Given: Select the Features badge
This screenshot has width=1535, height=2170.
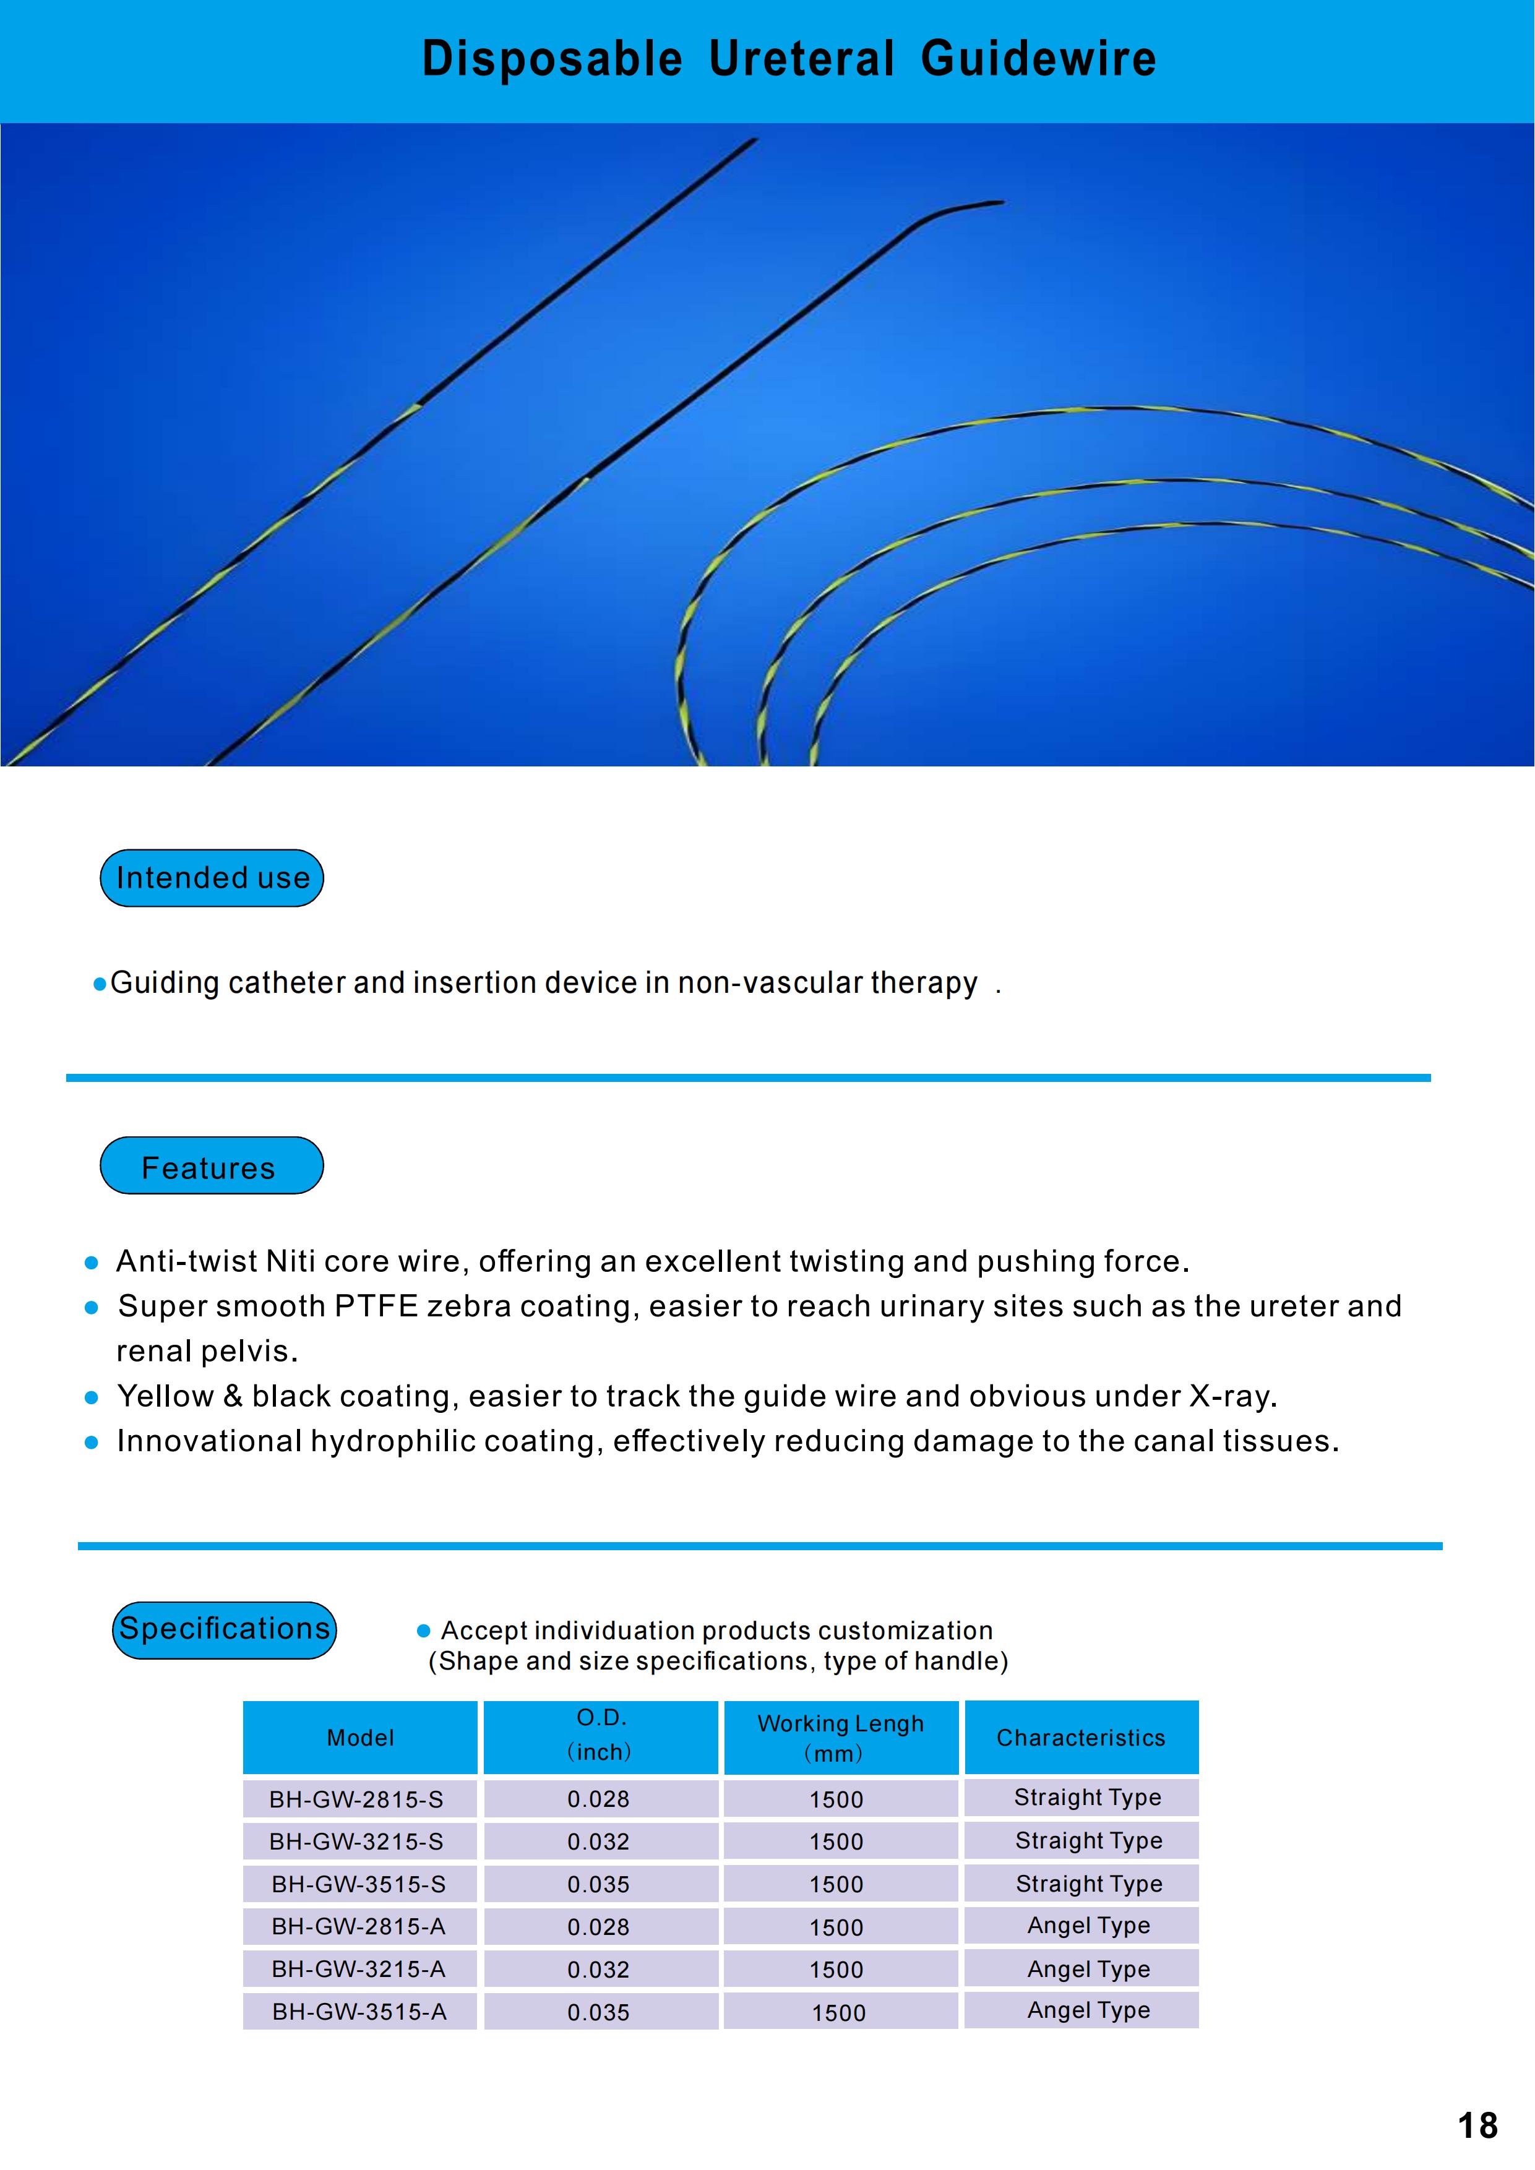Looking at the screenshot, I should pyautogui.click(x=212, y=1166).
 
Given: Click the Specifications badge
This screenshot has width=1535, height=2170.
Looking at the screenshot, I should pyautogui.click(x=224, y=1629).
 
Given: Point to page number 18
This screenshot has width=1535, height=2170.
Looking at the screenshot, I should pyautogui.click(x=1477, y=2125).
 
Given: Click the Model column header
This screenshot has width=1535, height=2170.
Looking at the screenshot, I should pyautogui.click(x=360, y=1737).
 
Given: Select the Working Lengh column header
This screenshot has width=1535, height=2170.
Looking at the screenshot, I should pyautogui.click(x=840, y=1737).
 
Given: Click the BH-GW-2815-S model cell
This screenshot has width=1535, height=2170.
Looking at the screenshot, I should pyautogui.click(x=356, y=1799).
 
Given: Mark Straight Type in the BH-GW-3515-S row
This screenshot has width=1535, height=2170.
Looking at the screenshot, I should pyautogui.click(x=1089, y=1884).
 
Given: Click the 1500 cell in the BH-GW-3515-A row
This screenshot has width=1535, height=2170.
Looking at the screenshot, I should pyautogui.click(x=838, y=2013).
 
